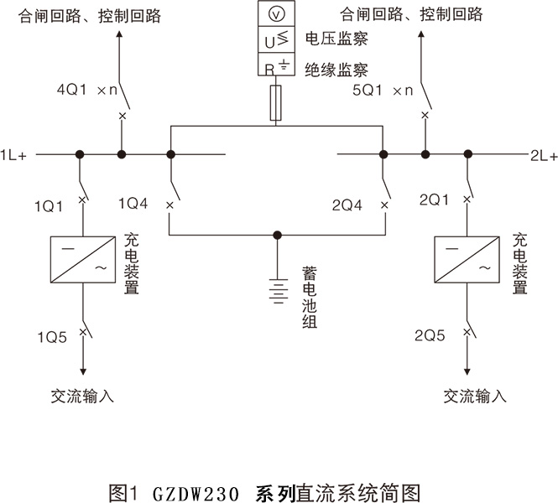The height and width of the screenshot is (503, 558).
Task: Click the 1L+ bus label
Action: (15, 156)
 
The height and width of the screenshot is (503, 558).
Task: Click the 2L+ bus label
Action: (543, 156)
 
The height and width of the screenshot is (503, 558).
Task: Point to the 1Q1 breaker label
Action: (49, 205)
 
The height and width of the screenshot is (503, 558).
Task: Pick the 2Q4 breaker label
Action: (349, 205)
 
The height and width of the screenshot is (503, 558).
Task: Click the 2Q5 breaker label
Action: (431, 339)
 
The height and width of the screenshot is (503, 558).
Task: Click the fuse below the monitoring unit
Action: (275, 105)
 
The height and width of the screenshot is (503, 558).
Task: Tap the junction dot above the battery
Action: (276, 236)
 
